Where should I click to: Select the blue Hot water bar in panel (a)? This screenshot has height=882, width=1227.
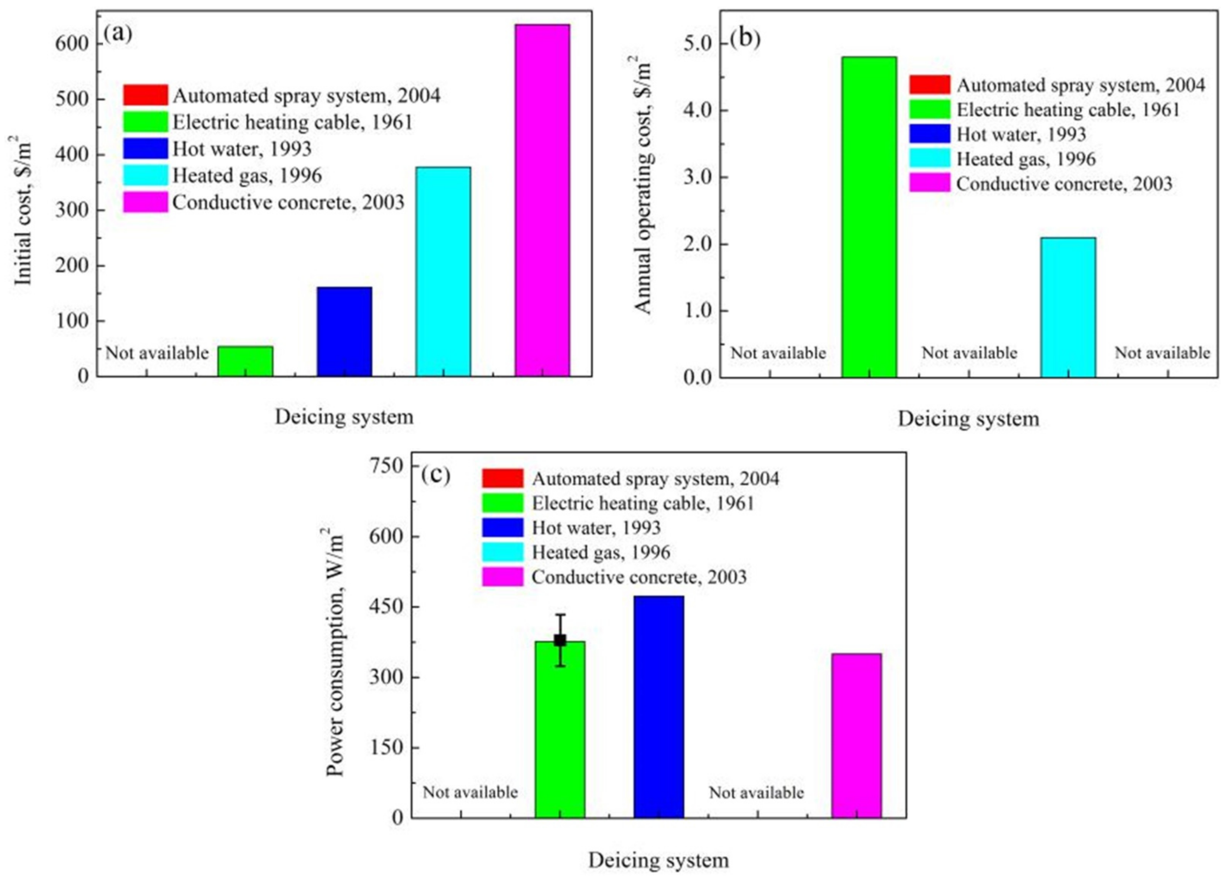coord(344,331)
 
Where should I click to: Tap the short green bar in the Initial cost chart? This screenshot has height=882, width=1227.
coord(245,361)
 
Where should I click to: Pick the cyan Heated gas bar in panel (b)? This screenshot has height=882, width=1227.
coord(1068,307)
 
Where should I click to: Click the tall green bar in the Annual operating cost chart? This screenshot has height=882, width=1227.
coord(869,216)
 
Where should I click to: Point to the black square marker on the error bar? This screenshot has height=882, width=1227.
coord(560,640)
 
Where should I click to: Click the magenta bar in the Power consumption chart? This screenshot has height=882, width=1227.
coord(856,735)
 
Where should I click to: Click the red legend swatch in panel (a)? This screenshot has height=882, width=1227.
coord(145,95)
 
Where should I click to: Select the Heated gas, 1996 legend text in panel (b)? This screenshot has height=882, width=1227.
coord(1026,159)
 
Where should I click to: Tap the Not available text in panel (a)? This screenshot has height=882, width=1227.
coord(157,353)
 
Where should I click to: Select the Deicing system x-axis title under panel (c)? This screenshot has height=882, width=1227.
coord(658,860)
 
